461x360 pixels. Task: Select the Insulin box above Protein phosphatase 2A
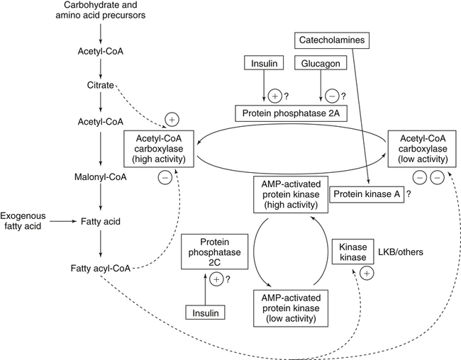pyautogui.click(x=262, y=64)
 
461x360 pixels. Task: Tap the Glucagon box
pyautogui.click(x=314, y=64)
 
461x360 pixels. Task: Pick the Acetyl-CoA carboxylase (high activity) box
pyautogui.click(x=159, y=149)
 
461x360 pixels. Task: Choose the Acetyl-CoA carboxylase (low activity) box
pyautogui.click(x=419, y=149)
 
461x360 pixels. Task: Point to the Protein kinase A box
pyautogui.click(x=367, y=193)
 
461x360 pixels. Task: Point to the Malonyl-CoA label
pyautogui.click(x=99, y=176)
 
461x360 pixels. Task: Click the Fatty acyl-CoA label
pyautogui.click(x=98, y=268)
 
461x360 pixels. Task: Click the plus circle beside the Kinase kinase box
pyautogui.click(x=367, y=273)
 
